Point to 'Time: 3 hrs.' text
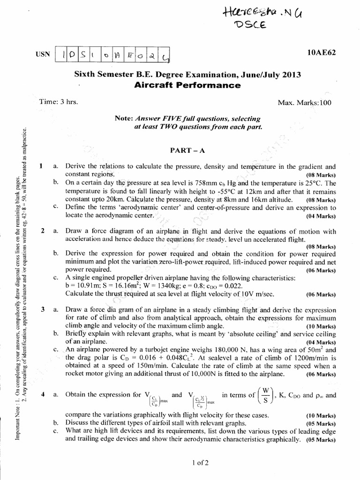[x=59, y=102]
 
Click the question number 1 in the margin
[x=42, y=166]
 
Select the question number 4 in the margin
[x=42, y=395]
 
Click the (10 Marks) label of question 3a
[x=321, y=326]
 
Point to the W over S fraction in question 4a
[x=266, y=395]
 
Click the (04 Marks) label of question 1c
[x=321, y=216]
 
